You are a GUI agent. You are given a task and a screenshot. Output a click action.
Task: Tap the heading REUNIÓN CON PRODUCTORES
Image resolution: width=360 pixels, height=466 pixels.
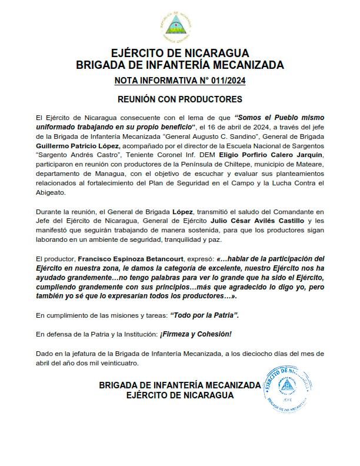point(179,99)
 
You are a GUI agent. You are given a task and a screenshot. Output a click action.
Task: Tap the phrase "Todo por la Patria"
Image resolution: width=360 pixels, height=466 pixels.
point(204,316)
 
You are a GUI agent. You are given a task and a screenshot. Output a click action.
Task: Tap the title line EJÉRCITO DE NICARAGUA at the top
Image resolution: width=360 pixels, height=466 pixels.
point(179,53)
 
